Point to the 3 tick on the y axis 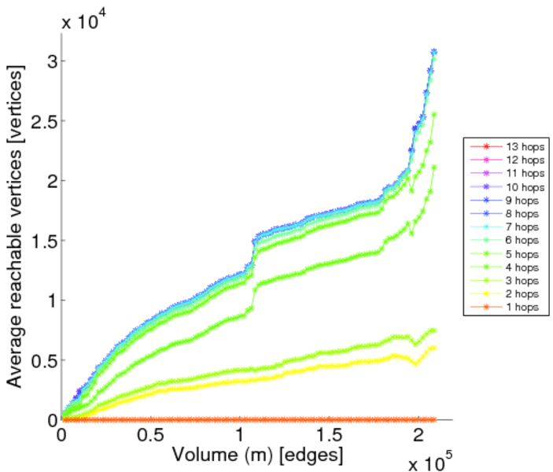pyautogui.click(x=49, y=61)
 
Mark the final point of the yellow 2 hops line pyautogui.click(x=433, y=347)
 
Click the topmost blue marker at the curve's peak pyautogui.click(x=433, y=52)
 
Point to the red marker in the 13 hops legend pyautogui.click(x=486, y=147)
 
